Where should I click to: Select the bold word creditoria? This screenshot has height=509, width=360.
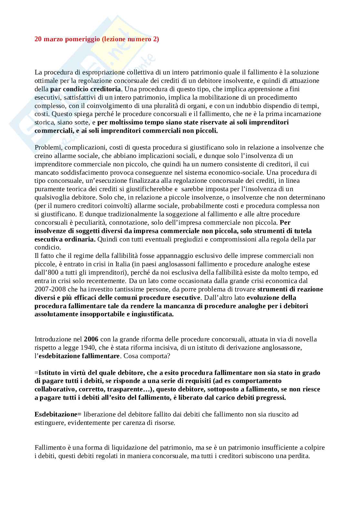105,89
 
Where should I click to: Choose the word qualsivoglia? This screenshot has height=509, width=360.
51,197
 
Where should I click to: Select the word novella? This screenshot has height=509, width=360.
307,339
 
